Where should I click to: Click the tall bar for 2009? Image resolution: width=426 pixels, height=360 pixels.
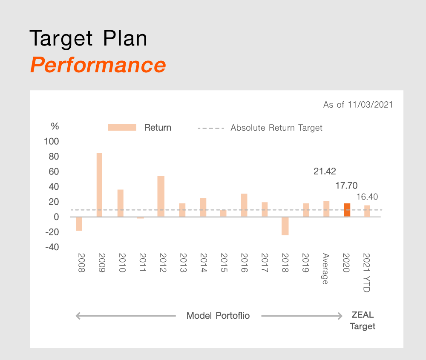pyautogui.click(x=99, y=185)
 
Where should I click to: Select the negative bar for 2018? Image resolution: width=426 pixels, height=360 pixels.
pyautogui.click(x=285, y=226)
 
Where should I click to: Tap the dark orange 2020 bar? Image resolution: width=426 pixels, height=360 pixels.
pyautogui.click(x=347, y=210)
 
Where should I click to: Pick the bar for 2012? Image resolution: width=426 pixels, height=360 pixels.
pyautogui.click(x=161, y=197)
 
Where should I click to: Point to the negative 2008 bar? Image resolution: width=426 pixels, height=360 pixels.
pyautogui.click(x=79, y=224)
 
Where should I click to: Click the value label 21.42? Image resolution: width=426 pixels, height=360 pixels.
pyautogui.click(x=325, y=171)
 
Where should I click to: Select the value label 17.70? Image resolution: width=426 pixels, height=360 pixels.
pyautogui.click(x=346, y=186)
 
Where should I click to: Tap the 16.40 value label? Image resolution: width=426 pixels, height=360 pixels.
pyautogui.click(x=367, y=197)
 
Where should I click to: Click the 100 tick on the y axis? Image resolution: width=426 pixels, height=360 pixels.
pyautogui.click(x=52, y=141)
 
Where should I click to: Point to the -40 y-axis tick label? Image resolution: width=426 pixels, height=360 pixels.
pyautogui.click(x=52, y=247)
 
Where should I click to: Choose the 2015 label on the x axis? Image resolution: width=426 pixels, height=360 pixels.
pyautogui.click(x=224, y=263)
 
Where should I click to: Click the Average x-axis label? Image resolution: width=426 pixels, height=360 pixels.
pyautogui.click(x=325, y=269)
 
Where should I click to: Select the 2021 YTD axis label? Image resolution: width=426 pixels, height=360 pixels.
pyautogui.click(x=366, y=273)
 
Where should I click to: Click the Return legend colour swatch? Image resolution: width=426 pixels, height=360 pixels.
pyautogui.click(x=122, y=128)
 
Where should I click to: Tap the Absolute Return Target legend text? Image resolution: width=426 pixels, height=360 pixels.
pyautogui.click(x=276, y=128)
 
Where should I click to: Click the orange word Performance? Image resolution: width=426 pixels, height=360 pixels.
pyautogui.click(x=98, y=65)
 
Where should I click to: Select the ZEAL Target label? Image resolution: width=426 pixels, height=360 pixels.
pyautogui.click(x=363, y=320)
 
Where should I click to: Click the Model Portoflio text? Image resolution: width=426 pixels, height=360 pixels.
pyautogui.click(x=218, y=315)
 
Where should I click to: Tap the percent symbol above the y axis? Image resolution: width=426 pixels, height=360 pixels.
pyautogui.click(x=55, y=126)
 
